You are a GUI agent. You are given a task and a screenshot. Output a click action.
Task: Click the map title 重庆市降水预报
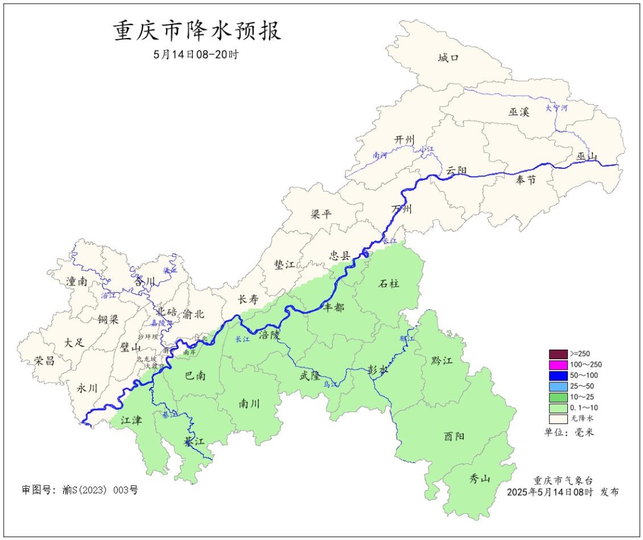click(197, 32)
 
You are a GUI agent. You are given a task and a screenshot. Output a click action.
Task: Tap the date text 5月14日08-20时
click(196, 54)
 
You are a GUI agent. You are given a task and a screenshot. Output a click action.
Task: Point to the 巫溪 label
click(519, 111)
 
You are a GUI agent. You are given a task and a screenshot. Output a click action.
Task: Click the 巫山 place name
click(586, 156)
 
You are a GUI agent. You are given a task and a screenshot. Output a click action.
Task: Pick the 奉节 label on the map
click(526, 180)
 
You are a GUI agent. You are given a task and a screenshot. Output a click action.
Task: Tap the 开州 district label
click(404, 140)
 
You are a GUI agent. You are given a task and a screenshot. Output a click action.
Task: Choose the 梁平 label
click(321, 214)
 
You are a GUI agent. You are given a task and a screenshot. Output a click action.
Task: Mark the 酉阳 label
click(454, 437)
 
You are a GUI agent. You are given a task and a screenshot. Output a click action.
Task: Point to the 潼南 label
click(77, 282)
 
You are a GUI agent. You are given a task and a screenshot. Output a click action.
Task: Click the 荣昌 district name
click(44, 360)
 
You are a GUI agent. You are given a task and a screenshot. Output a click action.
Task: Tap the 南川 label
click(249, 403)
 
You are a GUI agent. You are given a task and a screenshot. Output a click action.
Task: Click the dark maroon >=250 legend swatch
click(558, 354)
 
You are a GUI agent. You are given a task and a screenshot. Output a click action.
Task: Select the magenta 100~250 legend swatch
click(558, 365)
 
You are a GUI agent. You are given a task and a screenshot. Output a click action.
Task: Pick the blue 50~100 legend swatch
click(558, 375)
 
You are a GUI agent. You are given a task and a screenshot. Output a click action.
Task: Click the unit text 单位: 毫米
click(569, 432)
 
